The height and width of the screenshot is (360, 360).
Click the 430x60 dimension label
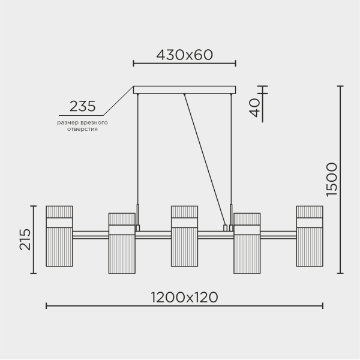[184, 55]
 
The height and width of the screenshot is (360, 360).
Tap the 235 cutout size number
[82, 107]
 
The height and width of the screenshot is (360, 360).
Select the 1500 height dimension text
[332, 179]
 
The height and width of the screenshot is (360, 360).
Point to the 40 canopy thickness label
[254, 107]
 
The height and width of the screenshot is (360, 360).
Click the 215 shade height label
[25, 239]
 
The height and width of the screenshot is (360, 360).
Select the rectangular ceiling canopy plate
[184, 90]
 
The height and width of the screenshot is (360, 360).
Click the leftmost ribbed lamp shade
[59, 236]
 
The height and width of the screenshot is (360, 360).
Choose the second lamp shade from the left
[122, 243]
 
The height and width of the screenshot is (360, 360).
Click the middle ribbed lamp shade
[184, 236]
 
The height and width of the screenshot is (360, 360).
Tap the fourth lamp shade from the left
[247, 243]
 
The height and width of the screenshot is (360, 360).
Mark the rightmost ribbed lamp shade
[309, 236]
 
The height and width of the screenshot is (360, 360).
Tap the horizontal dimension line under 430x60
[184, 63]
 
